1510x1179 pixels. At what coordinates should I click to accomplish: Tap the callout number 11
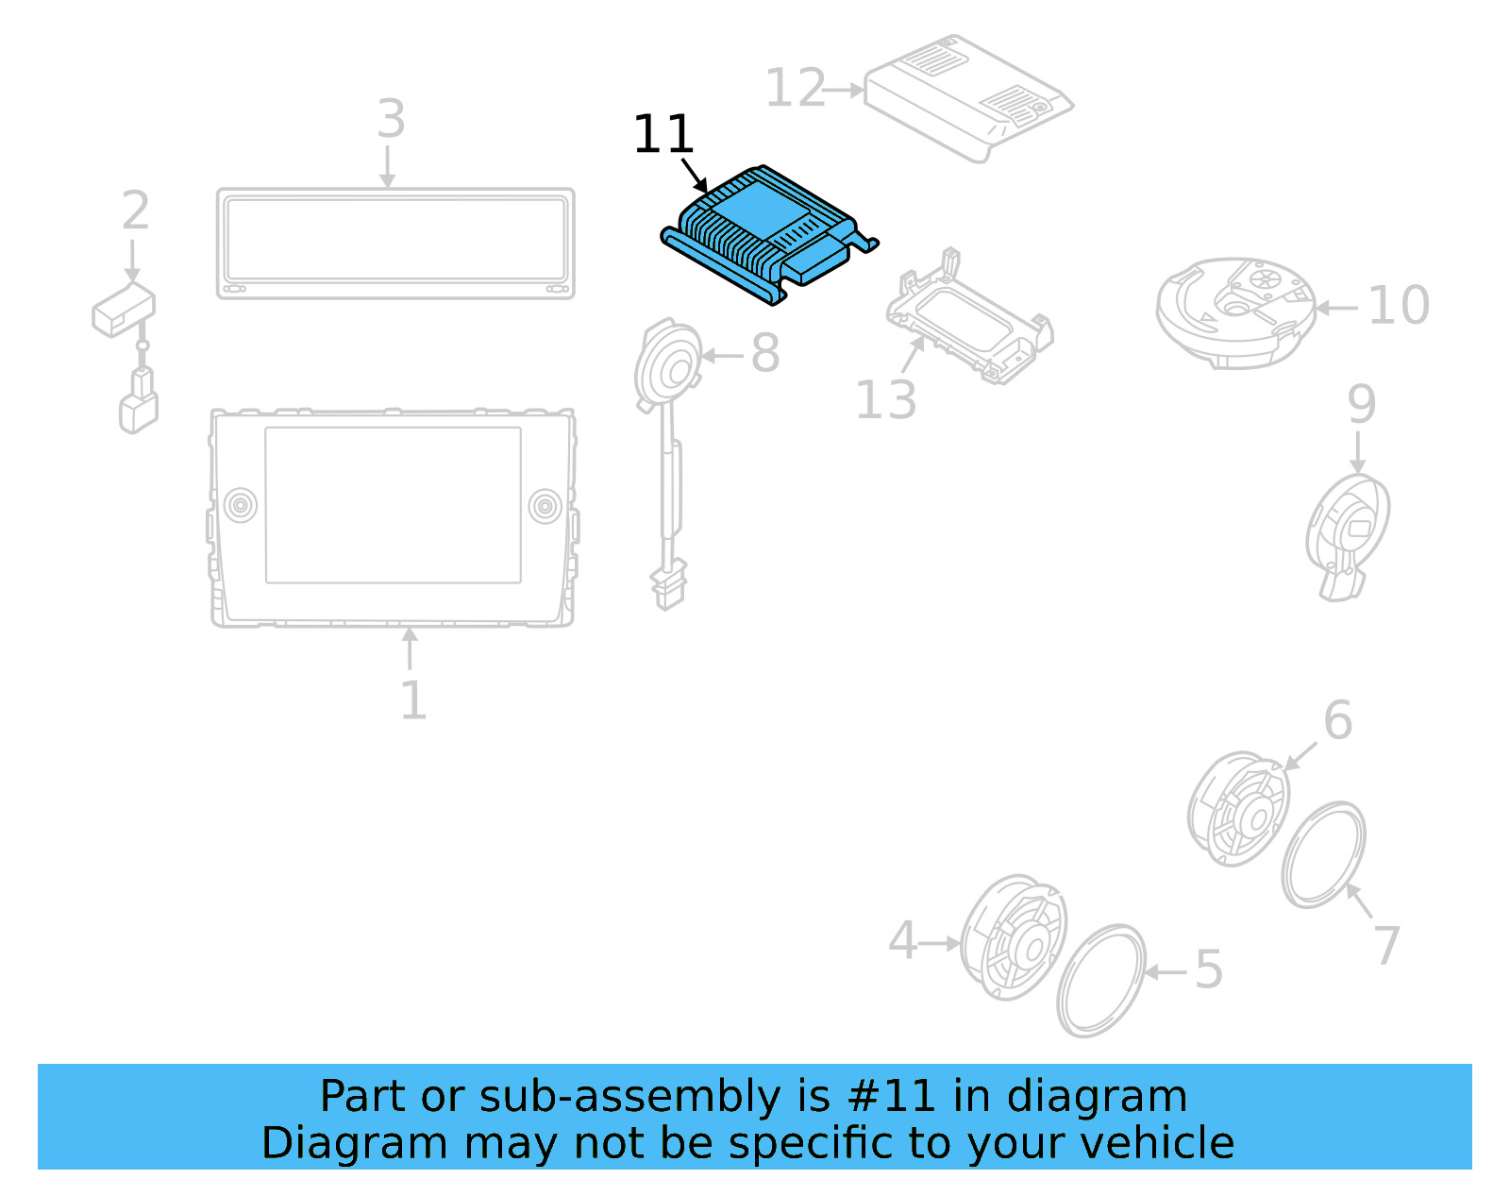point(663,135)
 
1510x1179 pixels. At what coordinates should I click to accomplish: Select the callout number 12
point(795,89)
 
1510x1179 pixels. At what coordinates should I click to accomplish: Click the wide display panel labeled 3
point(395,244)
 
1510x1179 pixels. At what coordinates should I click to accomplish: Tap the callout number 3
point(391,120)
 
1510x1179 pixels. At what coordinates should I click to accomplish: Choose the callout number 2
point(135,211)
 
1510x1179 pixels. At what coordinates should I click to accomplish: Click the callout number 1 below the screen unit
point(412,700)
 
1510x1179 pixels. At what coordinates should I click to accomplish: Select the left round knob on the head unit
point(240,505)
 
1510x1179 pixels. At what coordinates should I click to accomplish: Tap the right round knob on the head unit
point(545,506)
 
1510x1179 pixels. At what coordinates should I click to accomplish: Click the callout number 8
point(764,354)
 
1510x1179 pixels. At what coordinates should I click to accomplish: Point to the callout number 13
point(885,400)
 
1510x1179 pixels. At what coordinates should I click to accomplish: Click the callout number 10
point(1398,306)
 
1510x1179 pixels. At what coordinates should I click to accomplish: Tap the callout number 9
point(1361,404)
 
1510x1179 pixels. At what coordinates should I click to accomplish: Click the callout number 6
point(1337,721)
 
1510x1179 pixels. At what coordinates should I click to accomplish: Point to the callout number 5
point(1209,969)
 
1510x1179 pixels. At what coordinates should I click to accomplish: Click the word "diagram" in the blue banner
point(1097,1097)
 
